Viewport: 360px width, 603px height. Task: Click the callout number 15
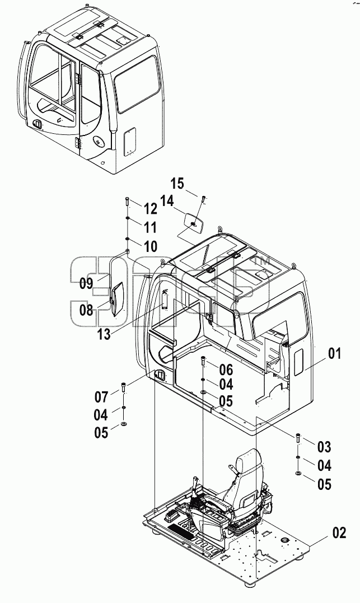177,184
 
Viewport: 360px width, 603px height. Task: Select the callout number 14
166,201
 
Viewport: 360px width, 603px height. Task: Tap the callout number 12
150,209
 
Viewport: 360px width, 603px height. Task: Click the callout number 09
87,283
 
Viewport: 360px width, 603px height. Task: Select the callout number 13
104,334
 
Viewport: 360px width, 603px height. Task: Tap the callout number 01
334,353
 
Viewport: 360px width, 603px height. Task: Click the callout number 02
339,532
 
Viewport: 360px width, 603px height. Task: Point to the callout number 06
226,370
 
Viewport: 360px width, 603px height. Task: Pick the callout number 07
102,396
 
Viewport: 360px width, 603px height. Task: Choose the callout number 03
324,447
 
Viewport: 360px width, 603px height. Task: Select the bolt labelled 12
128,202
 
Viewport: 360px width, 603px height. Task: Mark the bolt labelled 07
124,387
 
